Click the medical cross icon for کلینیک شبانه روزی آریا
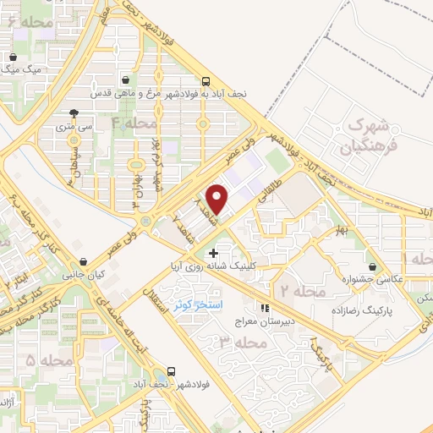point(213,253)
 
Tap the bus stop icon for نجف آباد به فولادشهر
point(206,81)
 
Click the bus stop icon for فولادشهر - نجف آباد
point(173,370)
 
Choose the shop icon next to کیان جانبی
point(82,261)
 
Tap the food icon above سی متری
point(74,112)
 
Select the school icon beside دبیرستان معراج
point(264,308)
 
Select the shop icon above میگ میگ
point(13,57)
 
